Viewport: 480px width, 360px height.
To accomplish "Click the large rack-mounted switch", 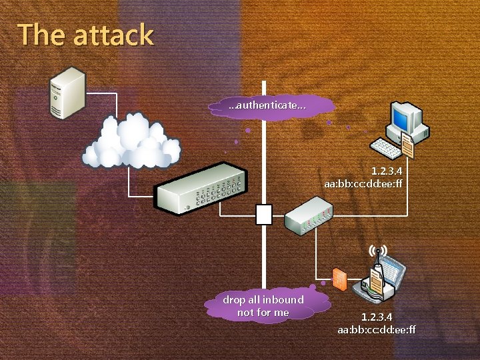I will tap(198, 188).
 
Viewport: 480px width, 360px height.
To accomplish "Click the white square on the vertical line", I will tap(264, 214).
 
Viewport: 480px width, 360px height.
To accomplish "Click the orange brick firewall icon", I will tap(339, 279).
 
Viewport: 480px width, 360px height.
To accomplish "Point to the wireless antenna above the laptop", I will tap(377, 253).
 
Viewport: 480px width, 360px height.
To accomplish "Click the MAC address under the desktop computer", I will tap(364, 183).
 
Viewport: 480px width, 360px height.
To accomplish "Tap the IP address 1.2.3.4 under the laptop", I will tap(377, 317).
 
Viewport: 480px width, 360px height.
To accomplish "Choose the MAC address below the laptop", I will tap(377, 329).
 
